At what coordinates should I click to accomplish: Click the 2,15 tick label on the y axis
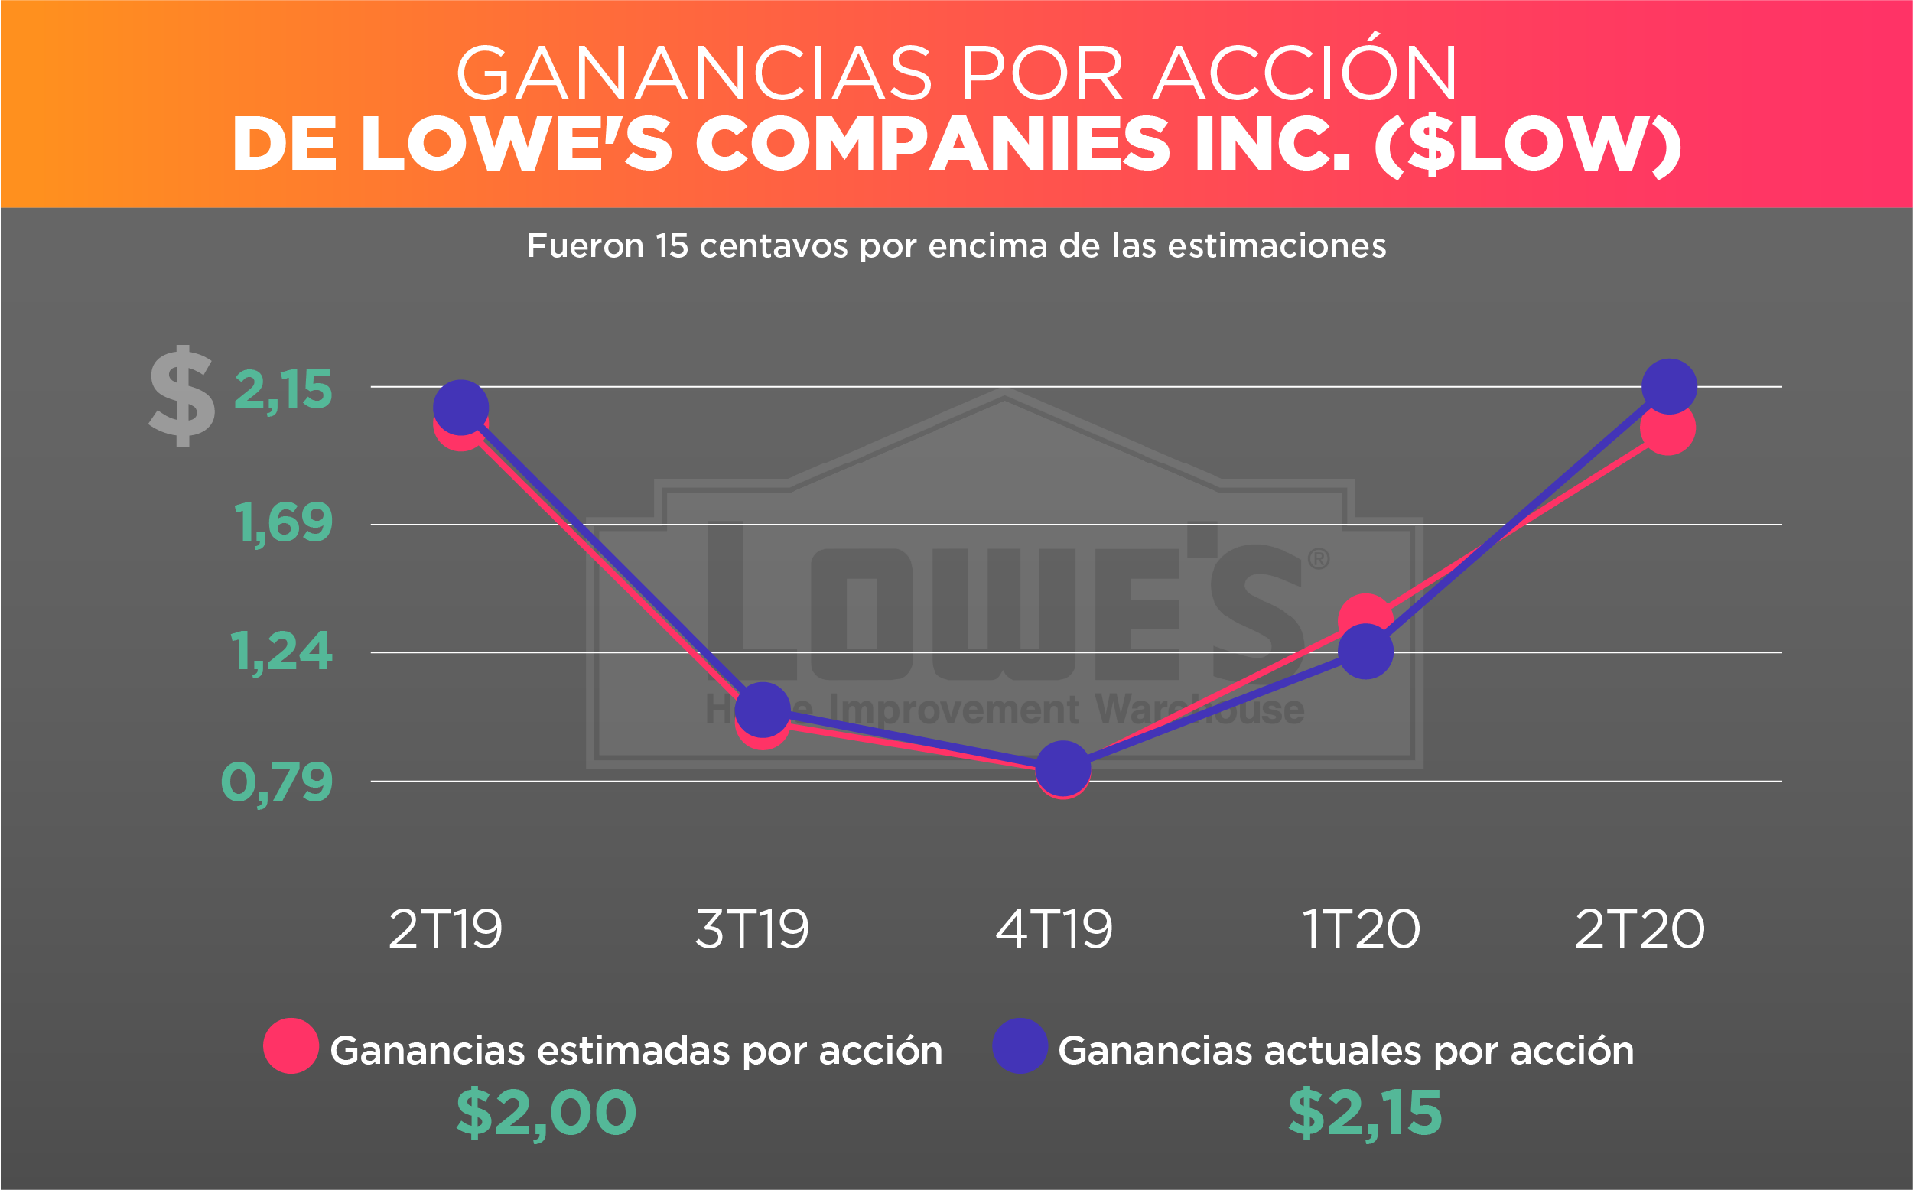click(282, 390)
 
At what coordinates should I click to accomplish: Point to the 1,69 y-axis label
click(282, 523)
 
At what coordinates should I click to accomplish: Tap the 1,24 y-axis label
click(281, 652)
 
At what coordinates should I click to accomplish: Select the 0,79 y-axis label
click(277, 782)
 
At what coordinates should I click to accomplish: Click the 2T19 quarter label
click(445, 929)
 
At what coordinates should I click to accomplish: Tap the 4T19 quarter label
click(1054, 929)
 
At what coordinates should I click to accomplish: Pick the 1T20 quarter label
click(1361, 929)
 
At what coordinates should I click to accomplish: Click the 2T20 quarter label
click(1639, 929)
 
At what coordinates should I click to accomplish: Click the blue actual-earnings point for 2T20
click(1669, 386)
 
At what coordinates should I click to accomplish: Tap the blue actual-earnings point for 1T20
click(1365, 652)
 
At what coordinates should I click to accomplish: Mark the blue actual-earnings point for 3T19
click(762, 709)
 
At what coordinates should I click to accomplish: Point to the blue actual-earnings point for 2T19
click(460, 408)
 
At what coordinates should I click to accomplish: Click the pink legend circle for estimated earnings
click(291, 1046)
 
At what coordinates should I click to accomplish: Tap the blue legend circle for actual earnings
click(1019, 1046)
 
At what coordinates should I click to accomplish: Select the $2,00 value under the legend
click(546, 1113)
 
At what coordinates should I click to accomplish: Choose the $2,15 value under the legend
click(1365, 1113)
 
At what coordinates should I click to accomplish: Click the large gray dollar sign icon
click(182, 397)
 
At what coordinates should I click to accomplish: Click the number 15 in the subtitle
click(672, 246)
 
